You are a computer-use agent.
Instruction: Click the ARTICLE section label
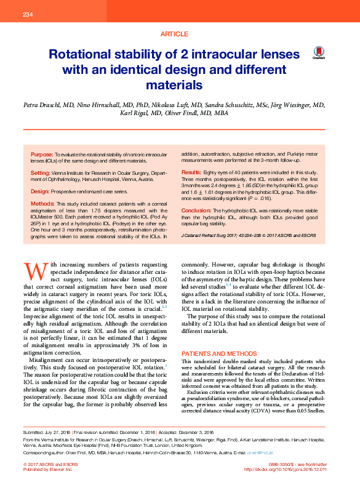pos(175,34)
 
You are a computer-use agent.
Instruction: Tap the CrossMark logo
pos(318,53)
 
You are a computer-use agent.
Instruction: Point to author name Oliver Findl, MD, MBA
pos(198,114)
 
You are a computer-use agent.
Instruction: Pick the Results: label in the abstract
pos(191,172)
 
